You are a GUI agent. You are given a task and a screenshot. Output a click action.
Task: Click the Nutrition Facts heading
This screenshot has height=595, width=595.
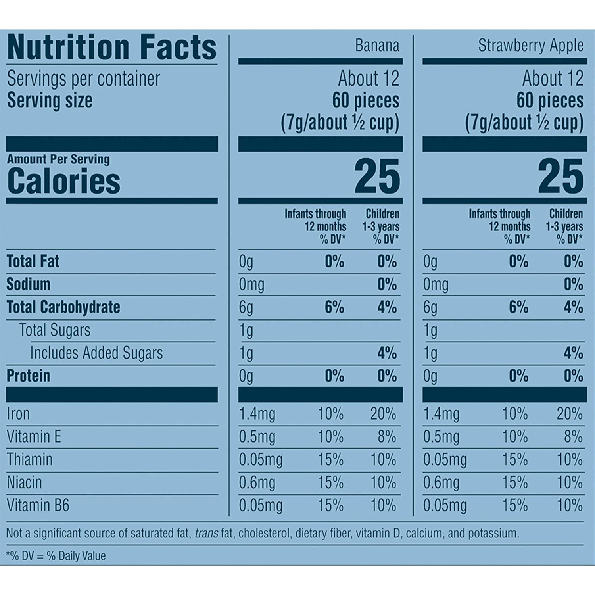[112, 48]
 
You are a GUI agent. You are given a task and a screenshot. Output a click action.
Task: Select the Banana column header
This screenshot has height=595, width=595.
[377, 46]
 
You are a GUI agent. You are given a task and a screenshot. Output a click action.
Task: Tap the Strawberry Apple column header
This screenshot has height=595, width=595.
[530, 46]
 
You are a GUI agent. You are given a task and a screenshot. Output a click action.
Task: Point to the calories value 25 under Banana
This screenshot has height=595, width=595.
[377, 177]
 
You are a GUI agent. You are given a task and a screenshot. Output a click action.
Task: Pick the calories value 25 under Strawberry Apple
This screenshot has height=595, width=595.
[560, 177]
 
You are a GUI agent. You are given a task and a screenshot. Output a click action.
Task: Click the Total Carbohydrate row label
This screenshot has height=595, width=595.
[63, 307]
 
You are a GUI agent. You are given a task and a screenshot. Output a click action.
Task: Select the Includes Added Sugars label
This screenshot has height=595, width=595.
[96, 353]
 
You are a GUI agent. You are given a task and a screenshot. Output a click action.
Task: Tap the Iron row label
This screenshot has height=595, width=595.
[18, 414]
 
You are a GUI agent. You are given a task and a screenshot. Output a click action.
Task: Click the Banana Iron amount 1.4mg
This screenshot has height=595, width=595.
[257, 415]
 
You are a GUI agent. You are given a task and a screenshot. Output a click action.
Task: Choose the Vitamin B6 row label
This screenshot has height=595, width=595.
[38, 506]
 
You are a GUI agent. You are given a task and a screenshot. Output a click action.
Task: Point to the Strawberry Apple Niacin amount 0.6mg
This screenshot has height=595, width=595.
[441, 483]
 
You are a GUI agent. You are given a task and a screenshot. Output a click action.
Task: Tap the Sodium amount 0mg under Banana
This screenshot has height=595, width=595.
[251, 285]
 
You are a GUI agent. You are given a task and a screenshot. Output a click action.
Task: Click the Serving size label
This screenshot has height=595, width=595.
[50, 100]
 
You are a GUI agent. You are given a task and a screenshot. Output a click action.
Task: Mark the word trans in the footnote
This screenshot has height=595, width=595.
[206, 534]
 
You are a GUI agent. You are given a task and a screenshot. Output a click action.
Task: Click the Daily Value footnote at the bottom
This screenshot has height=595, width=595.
[56, 556]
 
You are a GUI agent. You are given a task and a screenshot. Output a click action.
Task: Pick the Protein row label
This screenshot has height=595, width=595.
[29, 376]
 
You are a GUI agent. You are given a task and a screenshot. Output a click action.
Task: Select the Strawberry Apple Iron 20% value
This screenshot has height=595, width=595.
[569, 415]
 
